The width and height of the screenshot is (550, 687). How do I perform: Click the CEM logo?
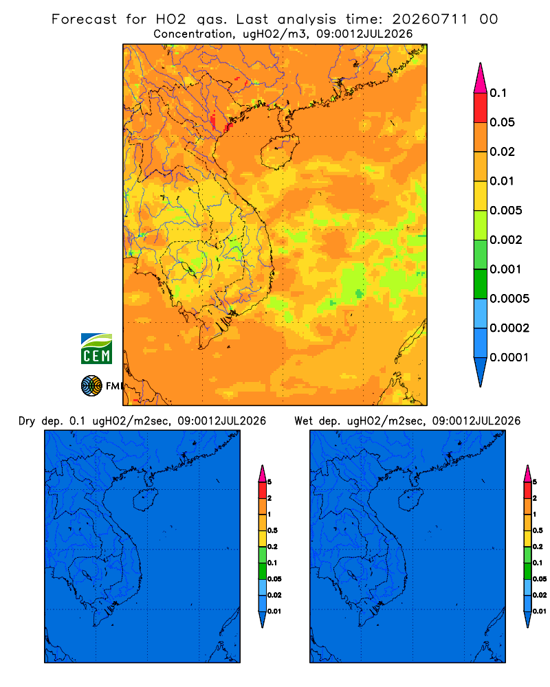pos(96,349)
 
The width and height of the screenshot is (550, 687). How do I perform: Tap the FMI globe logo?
pos(91,386)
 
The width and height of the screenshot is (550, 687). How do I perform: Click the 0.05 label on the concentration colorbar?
pos(502,122)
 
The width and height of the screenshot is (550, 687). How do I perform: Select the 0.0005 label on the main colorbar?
pos(509,299)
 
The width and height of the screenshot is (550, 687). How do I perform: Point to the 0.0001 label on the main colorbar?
pos(509,357)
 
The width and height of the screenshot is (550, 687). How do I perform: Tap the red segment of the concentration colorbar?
pos(481,107)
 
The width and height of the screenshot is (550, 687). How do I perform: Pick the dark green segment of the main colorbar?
pos(481,284)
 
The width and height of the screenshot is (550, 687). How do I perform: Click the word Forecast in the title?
pos(84,19)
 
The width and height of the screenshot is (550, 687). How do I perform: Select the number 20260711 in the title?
pos(430,19)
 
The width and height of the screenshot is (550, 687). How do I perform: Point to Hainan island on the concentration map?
pos(280,152)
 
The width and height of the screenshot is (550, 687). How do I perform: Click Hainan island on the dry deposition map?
pos(145,500)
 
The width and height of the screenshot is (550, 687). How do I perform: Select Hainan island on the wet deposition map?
pos(411,500)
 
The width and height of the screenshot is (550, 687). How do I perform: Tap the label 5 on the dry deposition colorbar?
pos(269,482)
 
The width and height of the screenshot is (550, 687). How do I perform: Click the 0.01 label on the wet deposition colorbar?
pos(540,611)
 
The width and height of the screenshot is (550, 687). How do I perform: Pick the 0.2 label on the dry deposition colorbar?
pos(272,547)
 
